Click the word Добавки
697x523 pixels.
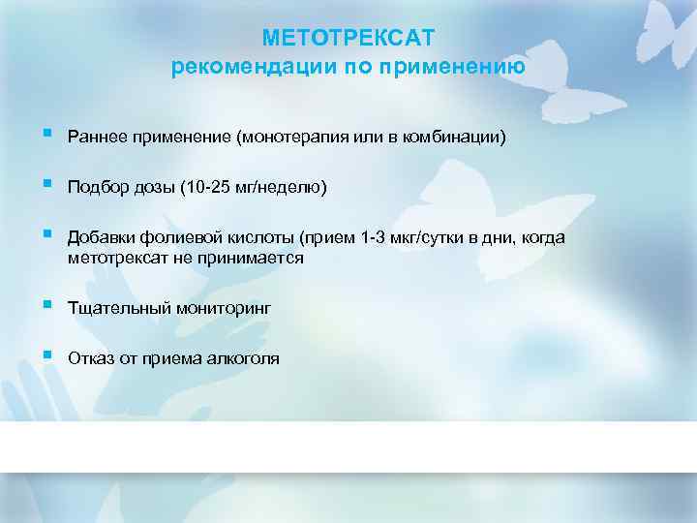click(101, 239)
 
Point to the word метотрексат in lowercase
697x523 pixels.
click(114, 258)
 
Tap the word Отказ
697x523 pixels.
click(91, 358)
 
